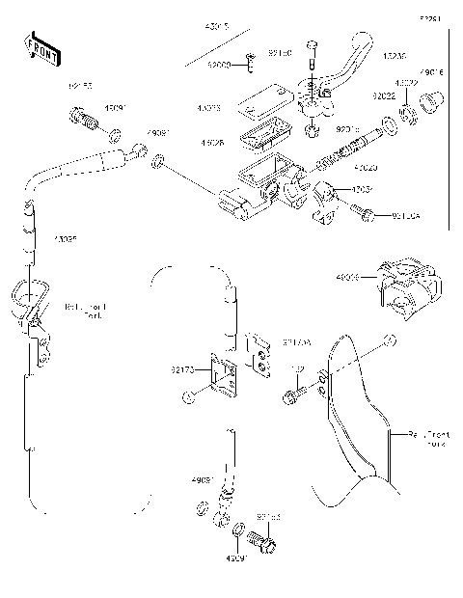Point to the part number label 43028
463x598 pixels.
coord(213,143)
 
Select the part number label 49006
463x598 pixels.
coord(347,277)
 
